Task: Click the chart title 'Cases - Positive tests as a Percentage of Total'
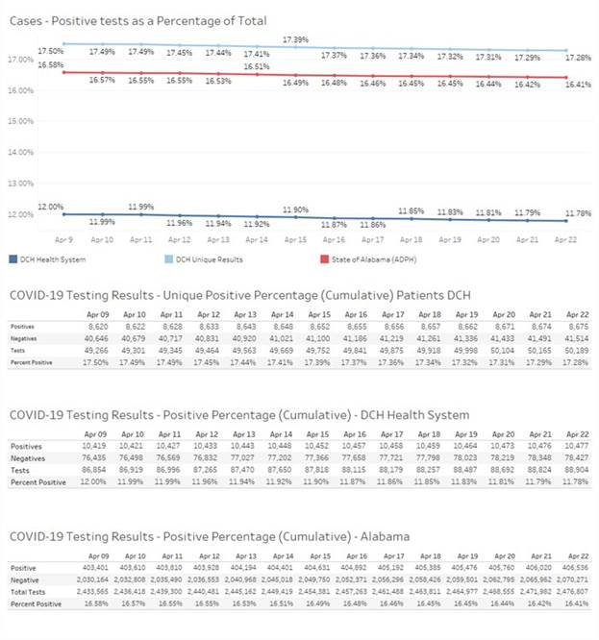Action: coord(137,20)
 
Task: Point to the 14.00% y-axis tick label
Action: coord(20,152)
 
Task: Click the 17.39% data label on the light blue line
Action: coord(295,39)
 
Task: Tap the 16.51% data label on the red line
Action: coord(257,67)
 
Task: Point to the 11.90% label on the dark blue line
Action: coord(295,209)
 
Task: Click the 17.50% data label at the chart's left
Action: coord(50,50)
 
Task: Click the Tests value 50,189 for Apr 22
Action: coord(577,353)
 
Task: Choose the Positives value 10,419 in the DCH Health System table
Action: coord(92,447)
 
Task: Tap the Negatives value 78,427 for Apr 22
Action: coord(577,459)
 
